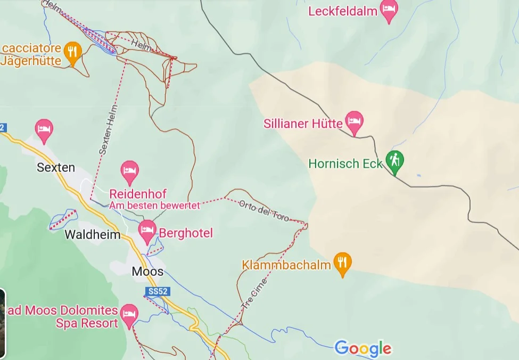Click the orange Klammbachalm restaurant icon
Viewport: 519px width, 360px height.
point(342,263)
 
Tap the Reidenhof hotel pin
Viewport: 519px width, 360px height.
point(129,172)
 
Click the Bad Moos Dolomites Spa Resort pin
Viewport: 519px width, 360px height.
point(129,314)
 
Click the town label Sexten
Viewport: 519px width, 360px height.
point(56,167)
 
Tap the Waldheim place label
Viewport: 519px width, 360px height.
point(93,235)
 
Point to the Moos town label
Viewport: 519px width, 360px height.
point(147,272)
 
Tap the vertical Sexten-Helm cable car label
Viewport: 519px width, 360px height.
point(108,130)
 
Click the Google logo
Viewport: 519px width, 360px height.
point(363,349)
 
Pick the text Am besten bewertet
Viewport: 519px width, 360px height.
point(154,206)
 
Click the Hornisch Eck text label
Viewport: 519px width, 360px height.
point(345,163)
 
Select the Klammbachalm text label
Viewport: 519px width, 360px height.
point(286,265)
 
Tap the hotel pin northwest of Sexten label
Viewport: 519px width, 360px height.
point(44,129)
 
